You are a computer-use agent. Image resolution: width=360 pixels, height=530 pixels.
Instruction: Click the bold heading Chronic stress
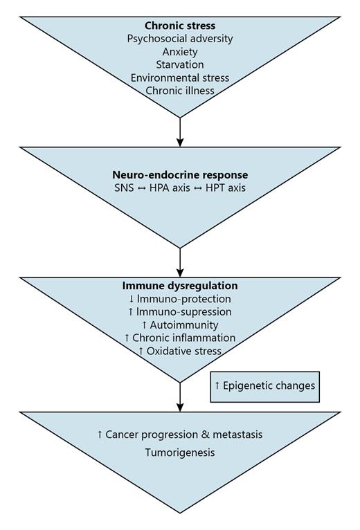(180, 25)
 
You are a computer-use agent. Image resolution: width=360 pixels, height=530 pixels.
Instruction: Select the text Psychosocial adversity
(180, 38)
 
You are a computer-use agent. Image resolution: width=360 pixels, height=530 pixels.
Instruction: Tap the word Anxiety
(180, 51)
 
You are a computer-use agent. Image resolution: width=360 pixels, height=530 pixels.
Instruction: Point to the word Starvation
(180, 64)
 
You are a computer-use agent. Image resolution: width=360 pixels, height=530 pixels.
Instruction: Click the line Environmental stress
(180, 77)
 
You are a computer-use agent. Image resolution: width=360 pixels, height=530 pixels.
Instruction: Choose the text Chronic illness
(180, 90)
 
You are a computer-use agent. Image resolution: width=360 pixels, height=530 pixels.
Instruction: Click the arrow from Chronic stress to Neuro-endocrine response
(180, 131)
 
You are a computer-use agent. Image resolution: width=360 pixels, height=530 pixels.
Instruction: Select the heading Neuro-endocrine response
(180, 175)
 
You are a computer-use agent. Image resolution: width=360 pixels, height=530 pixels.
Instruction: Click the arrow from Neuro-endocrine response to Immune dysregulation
(180, 262)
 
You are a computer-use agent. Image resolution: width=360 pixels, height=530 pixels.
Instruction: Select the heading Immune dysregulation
(180, 285)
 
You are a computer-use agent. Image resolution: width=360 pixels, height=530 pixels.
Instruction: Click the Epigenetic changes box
(265, 385)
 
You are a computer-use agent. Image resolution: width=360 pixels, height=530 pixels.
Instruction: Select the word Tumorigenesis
(180, 452)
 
